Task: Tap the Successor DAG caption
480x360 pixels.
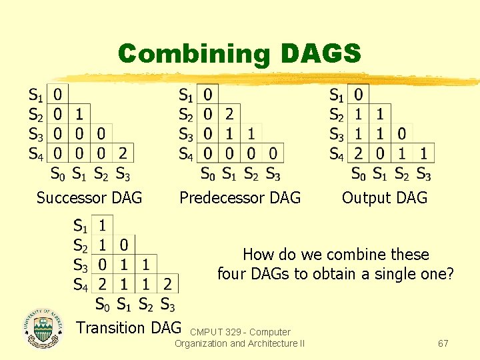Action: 89,198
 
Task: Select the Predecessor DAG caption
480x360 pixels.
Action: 240,198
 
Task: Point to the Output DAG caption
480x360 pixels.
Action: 385,198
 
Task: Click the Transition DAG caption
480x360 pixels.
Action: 129,327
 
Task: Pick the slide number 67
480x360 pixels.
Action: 443,343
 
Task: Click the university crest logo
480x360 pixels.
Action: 43,328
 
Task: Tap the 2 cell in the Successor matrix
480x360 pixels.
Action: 123,153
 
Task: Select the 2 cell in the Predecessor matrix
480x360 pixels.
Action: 229,114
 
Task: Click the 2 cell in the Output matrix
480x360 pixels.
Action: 358,153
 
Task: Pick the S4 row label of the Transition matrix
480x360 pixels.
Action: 81,285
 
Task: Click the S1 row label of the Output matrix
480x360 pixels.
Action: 337,95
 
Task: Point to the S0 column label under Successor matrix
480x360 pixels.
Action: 59,175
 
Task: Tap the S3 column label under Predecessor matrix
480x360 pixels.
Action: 273,175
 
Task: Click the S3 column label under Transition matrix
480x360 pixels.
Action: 167,305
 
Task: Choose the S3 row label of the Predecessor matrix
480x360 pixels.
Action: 186,133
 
